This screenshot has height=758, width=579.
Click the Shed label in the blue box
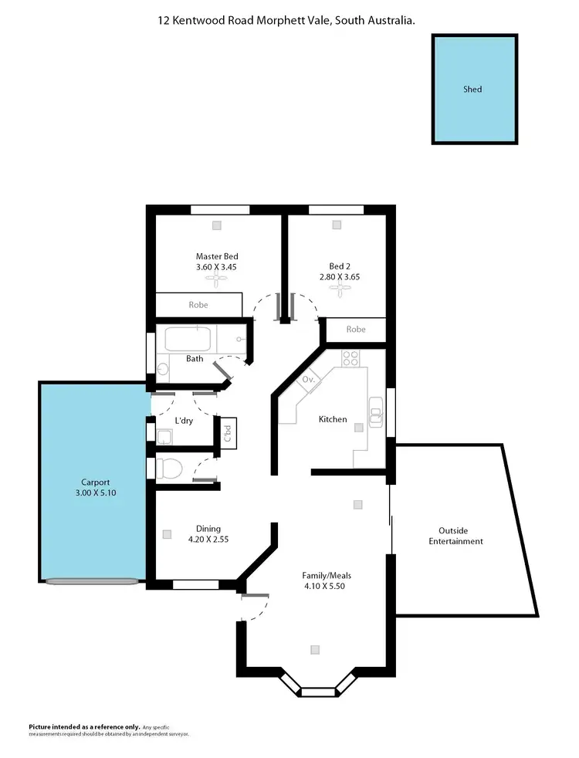coord(472,89)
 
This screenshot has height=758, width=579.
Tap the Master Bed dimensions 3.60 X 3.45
coord(217,267)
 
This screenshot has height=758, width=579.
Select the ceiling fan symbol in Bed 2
coord(340,289)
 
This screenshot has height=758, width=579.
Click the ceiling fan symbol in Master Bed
coord(217,283)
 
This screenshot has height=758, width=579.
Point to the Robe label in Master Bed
coord(198,305)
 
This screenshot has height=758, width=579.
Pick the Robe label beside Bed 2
coord(355,329)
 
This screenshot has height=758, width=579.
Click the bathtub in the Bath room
coord(188,339)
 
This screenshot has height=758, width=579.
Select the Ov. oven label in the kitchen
coord(308,380)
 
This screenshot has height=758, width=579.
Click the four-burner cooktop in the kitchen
coord(350,358)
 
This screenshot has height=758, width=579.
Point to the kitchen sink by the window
coord(376,411)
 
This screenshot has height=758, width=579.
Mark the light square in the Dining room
coord(166,533)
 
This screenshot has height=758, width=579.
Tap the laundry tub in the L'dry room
coord(164,438)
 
